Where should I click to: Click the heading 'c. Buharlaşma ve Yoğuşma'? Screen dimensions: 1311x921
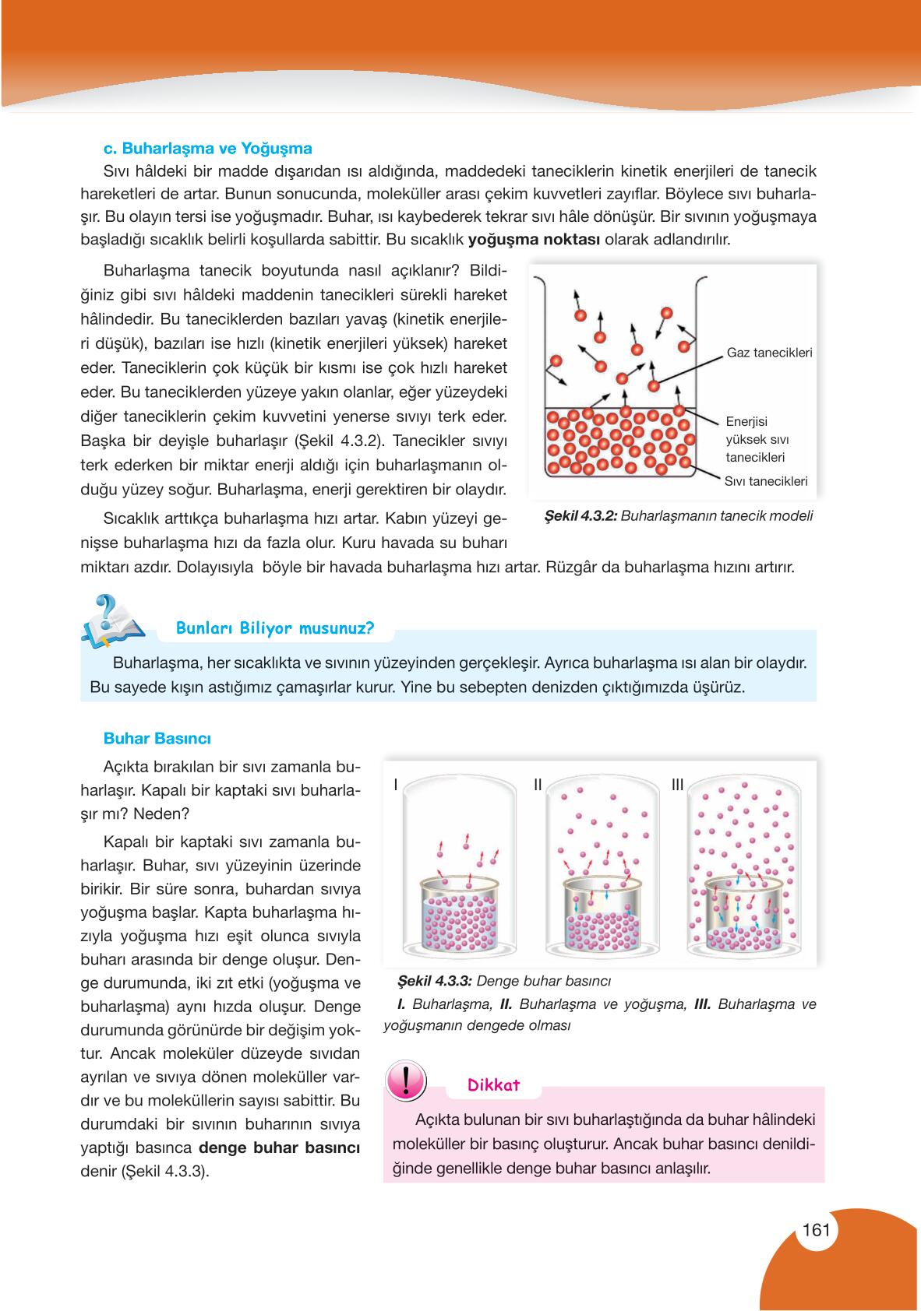click(x=207, y=148)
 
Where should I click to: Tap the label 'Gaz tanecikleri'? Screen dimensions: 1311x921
click(x=769, y=353)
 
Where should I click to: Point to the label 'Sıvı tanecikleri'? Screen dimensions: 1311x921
click(x=765, y=481)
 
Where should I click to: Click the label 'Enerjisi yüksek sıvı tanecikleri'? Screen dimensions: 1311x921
click(x=755, y=439)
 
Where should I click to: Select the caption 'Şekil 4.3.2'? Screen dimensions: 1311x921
click(x=575, y=515)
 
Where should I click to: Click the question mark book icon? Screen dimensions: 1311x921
click(x=113, y=620)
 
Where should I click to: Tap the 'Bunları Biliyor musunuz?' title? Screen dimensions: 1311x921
click(x=275, y=628)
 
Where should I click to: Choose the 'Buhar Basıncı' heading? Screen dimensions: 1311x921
click(x=157, y=738)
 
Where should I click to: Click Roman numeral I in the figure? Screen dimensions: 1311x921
click(x=396, y=786)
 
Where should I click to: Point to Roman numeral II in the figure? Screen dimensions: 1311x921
click(x=538, y=786)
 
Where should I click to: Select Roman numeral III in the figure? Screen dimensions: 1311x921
click(x=677, y=786)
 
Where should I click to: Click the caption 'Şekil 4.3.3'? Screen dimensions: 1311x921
click(x=434, y=981)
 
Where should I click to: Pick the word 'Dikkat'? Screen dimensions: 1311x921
click(x=493, y=1085)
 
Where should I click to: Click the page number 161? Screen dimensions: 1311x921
click(x=815, y=1231)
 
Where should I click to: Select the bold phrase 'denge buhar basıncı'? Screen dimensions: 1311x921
click(x=279, y=1148)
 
